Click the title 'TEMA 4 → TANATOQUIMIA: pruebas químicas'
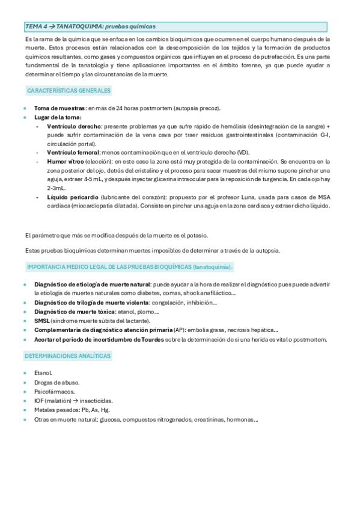point(91,26)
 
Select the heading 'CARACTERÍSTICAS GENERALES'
point(69,91)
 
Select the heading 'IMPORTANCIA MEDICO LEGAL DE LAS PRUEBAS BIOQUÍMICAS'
point(109,266)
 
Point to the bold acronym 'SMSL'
point(43,321)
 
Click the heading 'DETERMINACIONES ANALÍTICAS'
point(68,356)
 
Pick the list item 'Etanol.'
point(44,373)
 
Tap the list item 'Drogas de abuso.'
point(56,382)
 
